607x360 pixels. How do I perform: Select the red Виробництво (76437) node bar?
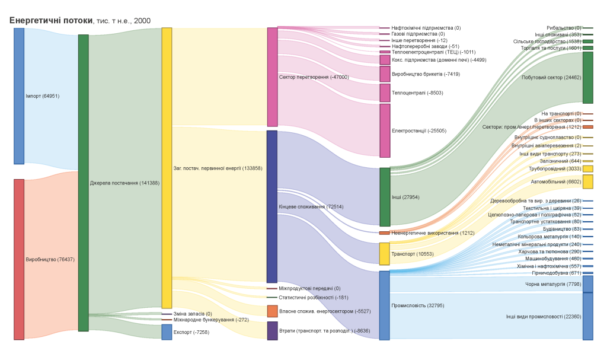click(x=19, y=259)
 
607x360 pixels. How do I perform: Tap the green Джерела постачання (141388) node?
click(x=83, y=183)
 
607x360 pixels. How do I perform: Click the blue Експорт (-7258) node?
click(x=167, y=332)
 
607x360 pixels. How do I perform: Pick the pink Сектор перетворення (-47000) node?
click(x=272, y=77)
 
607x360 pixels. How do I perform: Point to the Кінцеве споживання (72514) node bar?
click(x=272, y=206)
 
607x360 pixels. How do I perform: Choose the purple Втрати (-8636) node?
click(x=272, y=330)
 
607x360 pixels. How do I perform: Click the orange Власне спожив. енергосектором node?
click(x=272, y=311)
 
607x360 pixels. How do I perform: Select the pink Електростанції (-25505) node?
click(x=385, y=130)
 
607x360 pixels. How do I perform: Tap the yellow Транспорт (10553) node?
click(x=384, y=254)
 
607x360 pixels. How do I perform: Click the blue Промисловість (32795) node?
click(x=384, y=305)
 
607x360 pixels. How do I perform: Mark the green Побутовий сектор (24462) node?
click(x=587, y=78)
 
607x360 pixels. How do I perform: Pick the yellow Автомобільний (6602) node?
click(x=587, y=181)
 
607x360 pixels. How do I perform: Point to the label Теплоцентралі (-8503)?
click(x=417, y=93)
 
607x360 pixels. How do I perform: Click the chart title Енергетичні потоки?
click(x=51, y=21)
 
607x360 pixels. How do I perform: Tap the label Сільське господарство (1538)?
click(x=547, y=42)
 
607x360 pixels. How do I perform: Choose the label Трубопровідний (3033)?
click(x=560, y=168)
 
